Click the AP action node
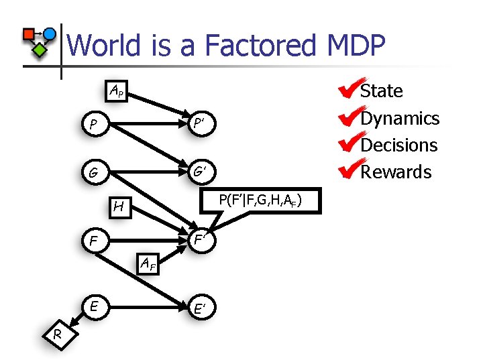[116, 90]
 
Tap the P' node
[199, 124]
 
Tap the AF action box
[148, 263]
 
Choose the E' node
[199, 308]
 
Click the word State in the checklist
[382, 91]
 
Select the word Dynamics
[400, 118]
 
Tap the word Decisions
[399, 145]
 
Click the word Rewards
[396, 172]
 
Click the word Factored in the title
[265, 46]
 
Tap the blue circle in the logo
[50, 33]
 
